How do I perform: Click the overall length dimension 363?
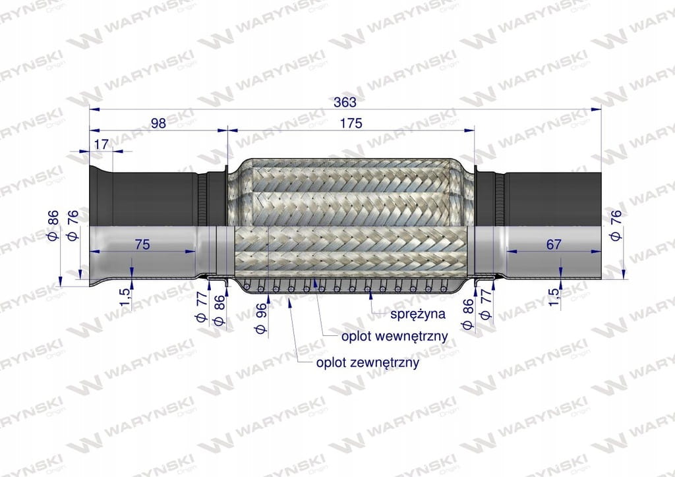(x=345, y=102)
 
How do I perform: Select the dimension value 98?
(x=158, y=123)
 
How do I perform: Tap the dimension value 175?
(x=351, y=123)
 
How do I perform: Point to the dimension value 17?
(x=101, y=144)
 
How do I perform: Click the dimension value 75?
(x=142, y=244)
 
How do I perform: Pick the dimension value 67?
(x=554, y=244)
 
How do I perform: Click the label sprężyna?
(x=417, y=314)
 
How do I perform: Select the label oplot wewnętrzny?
(x=395, y=336)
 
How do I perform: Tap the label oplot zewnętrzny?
(x=368, y=362)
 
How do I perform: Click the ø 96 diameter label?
(x=261, y=318)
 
